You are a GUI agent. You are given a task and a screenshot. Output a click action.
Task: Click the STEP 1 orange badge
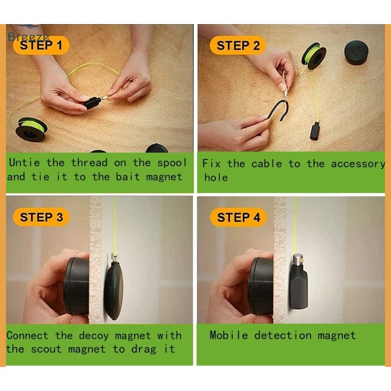[41, 45]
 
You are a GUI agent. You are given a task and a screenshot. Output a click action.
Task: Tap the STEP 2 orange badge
[238, 45]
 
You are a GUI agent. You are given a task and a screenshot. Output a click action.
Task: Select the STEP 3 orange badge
[41, 217]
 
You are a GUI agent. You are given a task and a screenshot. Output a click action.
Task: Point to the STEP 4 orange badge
[238, 217]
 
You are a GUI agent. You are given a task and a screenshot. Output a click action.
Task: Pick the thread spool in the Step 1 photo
[31, 129]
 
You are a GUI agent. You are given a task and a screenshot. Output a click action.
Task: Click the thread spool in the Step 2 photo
[313, 55]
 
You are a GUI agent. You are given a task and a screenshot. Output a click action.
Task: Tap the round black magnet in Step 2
[356, 53]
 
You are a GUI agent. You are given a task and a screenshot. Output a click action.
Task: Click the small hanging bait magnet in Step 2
[315, 131]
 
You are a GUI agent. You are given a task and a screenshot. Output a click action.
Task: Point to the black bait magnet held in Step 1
[92, 102]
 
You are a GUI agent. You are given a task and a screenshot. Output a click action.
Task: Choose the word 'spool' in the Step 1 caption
[172, 163]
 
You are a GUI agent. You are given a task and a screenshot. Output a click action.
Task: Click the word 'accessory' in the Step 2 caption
[358, 164]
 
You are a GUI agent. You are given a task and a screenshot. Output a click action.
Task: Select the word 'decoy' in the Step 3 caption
[94, 336]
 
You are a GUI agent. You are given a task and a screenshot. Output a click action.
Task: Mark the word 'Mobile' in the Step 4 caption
[229, 335]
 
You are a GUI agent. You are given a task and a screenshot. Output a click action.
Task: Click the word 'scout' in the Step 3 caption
[46, 349]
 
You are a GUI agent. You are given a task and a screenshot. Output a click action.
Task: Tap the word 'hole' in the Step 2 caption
[216, 177]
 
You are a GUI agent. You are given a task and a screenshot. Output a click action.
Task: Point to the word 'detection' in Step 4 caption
[283, 335]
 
